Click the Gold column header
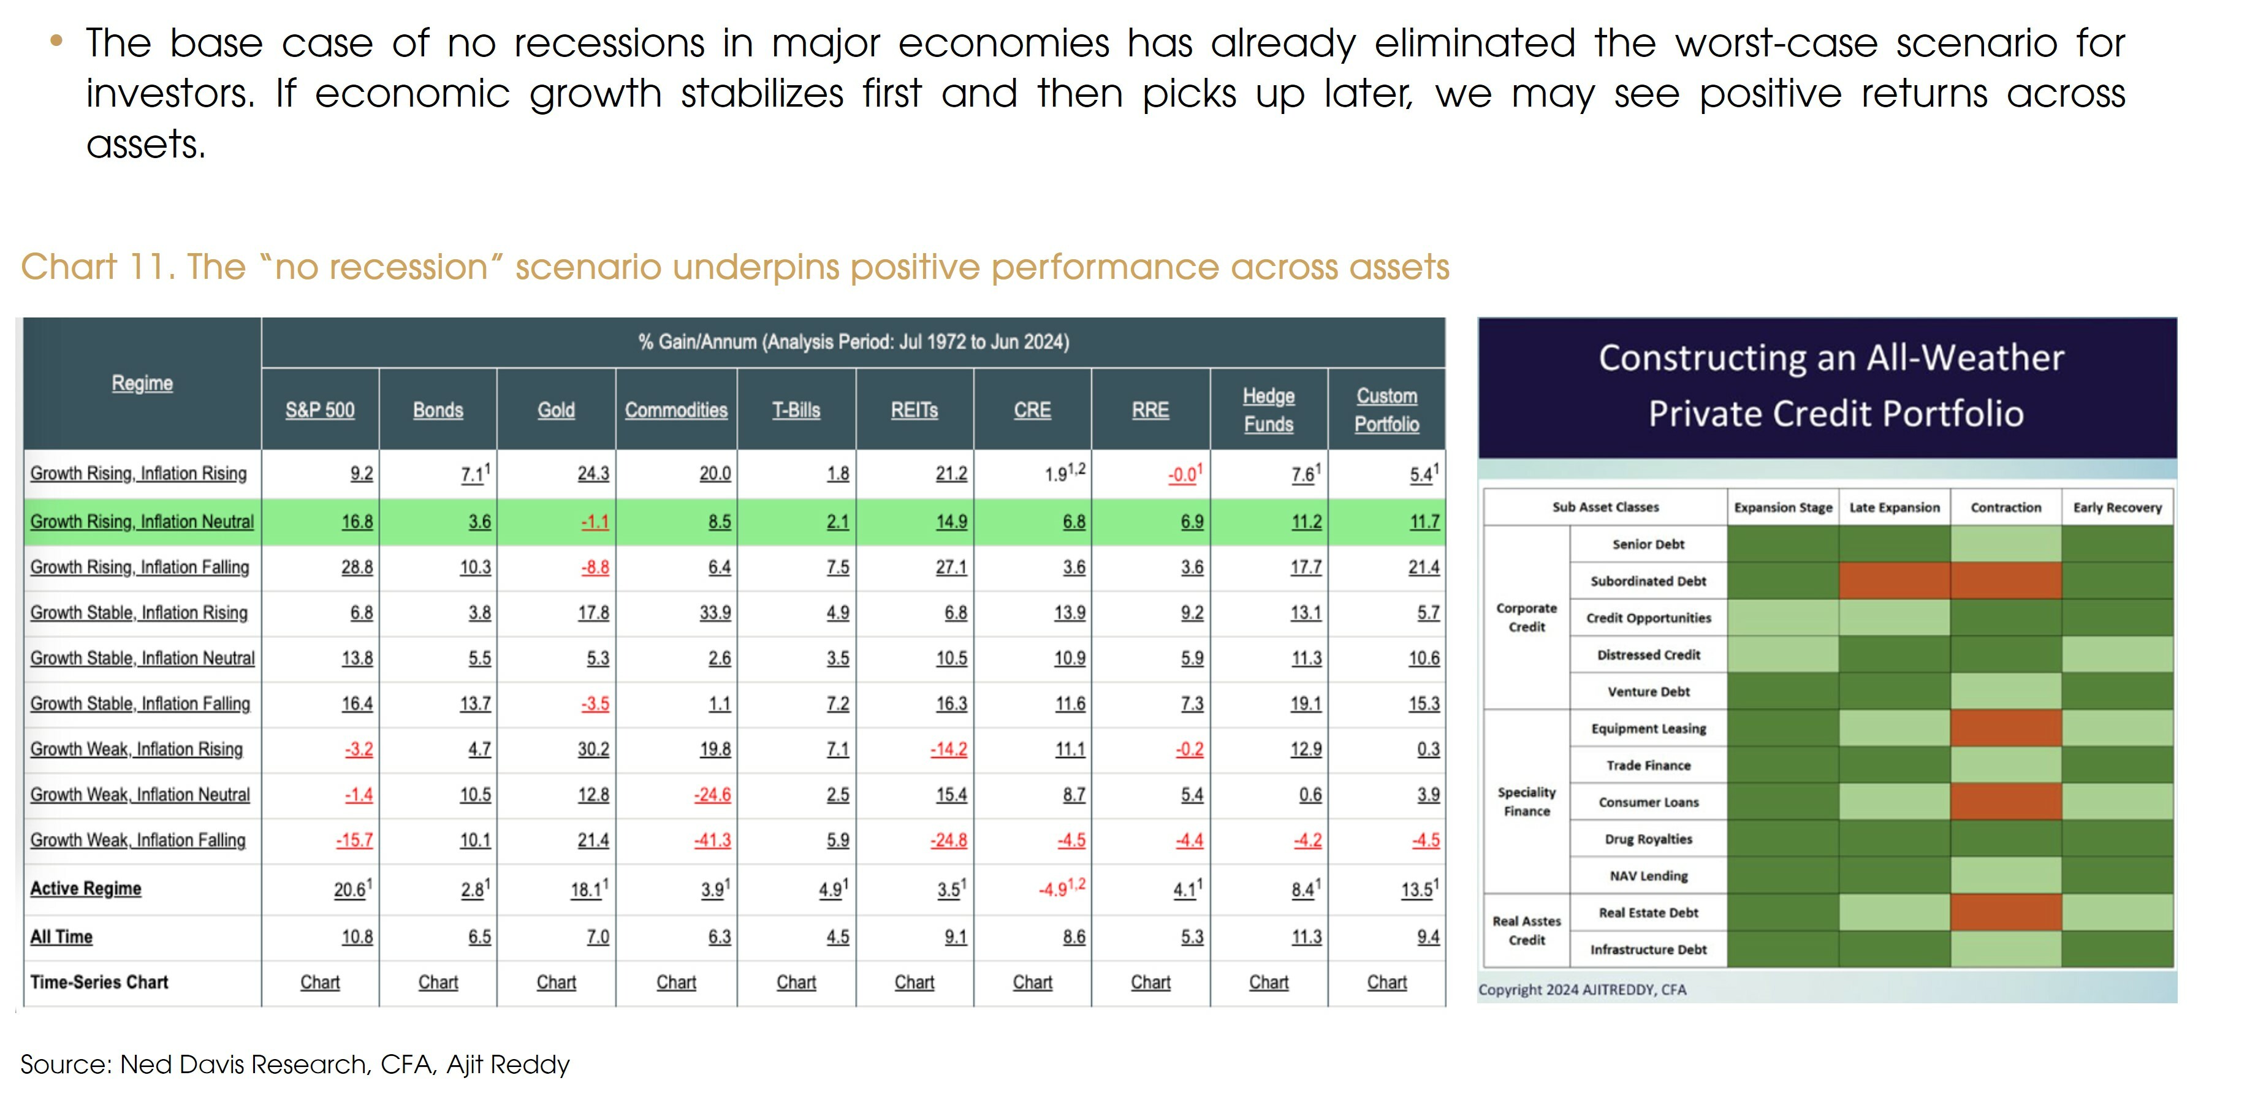point(556,410)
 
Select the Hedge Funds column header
point(1269,410)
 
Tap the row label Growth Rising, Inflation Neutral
point(142,522)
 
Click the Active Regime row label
point(85,888)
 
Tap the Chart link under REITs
point(914,982)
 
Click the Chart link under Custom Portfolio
point(1386,982)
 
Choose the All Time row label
point(61,936)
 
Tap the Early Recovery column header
point(2116,507)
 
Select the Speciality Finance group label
point(1526,801)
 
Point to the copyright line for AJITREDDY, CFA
point(1581,989)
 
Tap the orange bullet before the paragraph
point(57,40)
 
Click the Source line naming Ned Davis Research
point(295,1064)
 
